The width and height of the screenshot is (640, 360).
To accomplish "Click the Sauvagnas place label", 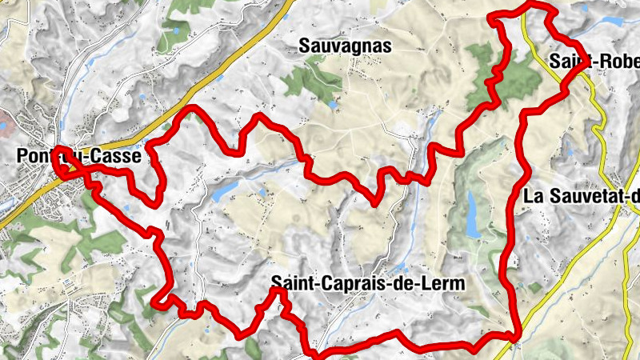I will [x=346, y=46].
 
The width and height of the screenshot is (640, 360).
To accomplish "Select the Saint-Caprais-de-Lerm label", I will [x=368, y=283].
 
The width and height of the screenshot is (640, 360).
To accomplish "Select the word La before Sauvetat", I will [x=533, y=197].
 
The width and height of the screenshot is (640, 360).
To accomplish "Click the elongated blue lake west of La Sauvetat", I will [x=474, y=214].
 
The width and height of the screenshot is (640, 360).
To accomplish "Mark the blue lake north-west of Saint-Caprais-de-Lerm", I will [x=226, y=189].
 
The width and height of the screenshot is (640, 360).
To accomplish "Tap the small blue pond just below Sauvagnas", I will [x=333, y=103].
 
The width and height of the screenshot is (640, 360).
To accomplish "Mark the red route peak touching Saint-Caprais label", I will [x=277, y=291].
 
